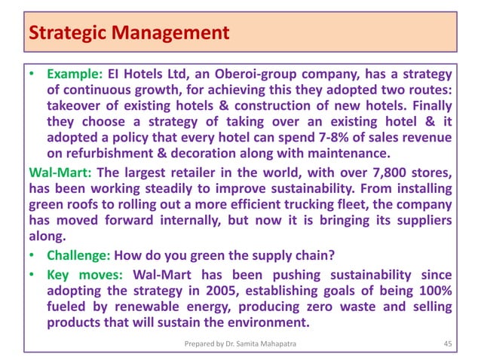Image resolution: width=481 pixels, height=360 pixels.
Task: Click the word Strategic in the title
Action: pyautogui.click(x=62, y=33)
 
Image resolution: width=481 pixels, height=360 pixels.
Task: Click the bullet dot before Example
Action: pyautogui.click(x=32, y=76)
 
